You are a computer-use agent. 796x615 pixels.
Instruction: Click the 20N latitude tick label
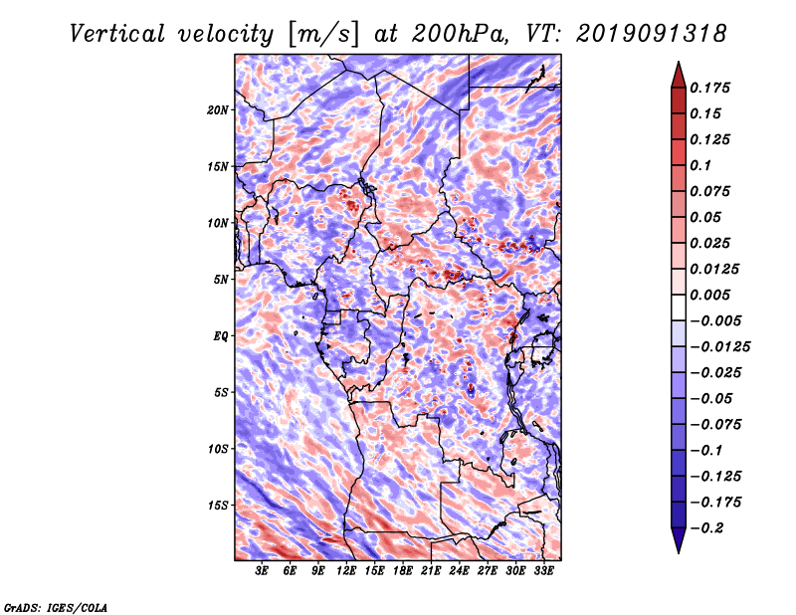[x=218, y=109]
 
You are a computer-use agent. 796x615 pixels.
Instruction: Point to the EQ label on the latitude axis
[x=220, y=335]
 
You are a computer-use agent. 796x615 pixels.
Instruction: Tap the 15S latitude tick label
[x=218, y=505]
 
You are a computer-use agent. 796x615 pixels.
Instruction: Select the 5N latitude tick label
[x=221, y=279]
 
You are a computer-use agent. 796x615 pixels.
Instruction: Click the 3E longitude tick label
[x=263, y=571]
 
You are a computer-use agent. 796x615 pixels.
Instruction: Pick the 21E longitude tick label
[x=431, y=571]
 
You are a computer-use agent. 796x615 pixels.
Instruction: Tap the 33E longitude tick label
[x=543, y=571]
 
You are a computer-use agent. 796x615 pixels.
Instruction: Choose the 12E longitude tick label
[x=346, y=571]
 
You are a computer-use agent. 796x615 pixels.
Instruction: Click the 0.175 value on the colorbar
[x=712, y=88]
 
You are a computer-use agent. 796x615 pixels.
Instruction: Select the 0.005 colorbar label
[x=712, y=295]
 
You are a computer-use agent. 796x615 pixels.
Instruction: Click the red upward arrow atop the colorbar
[x=677, y=74]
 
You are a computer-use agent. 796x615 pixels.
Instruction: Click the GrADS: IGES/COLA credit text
[x=56, y=606]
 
